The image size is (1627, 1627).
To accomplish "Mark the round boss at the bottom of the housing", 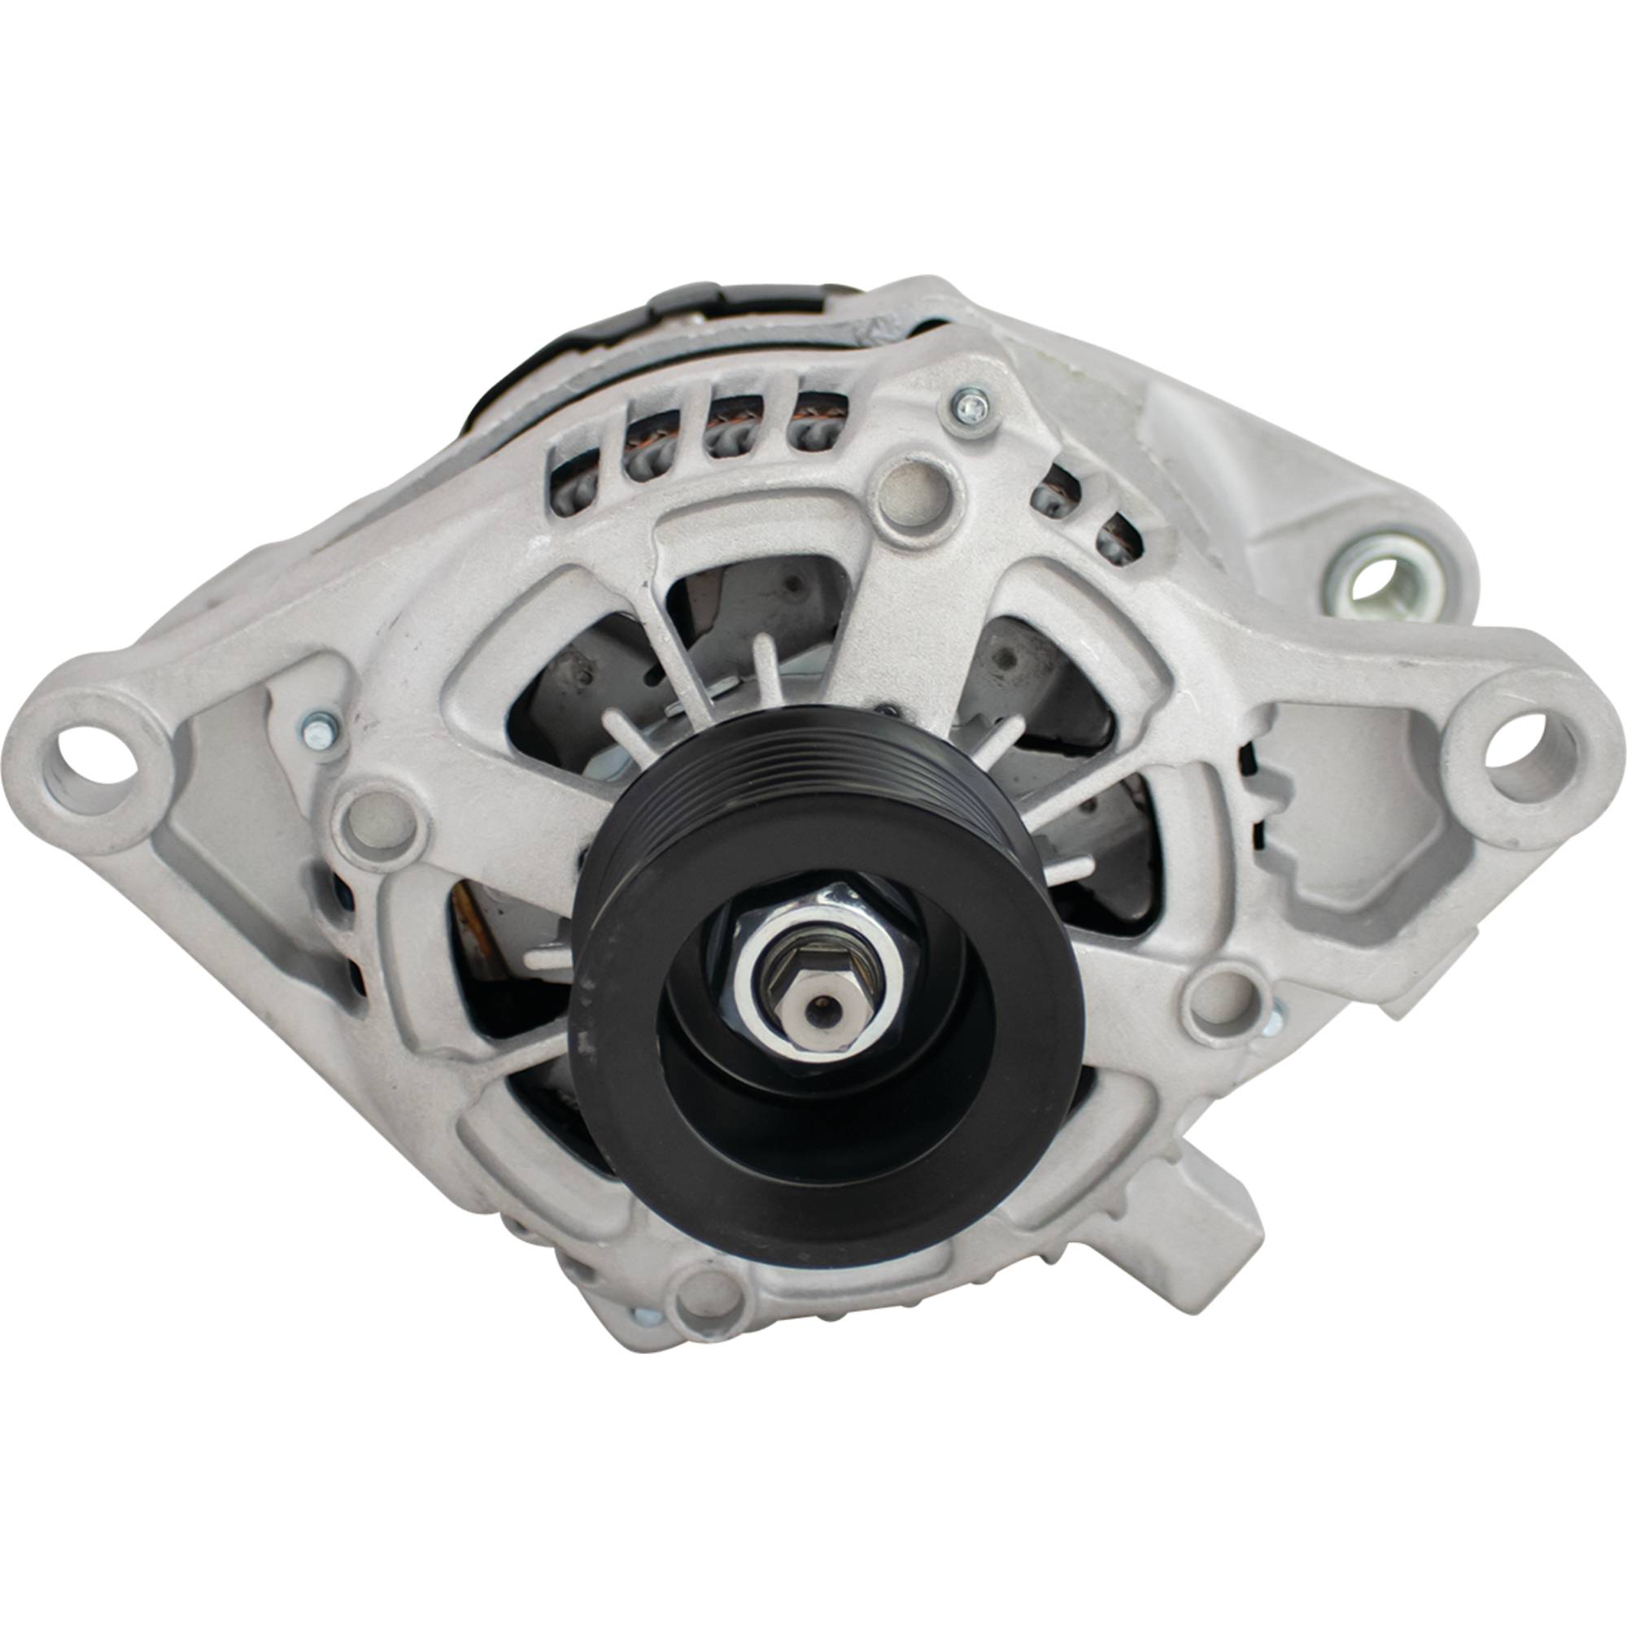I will [x=705, y=1306].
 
